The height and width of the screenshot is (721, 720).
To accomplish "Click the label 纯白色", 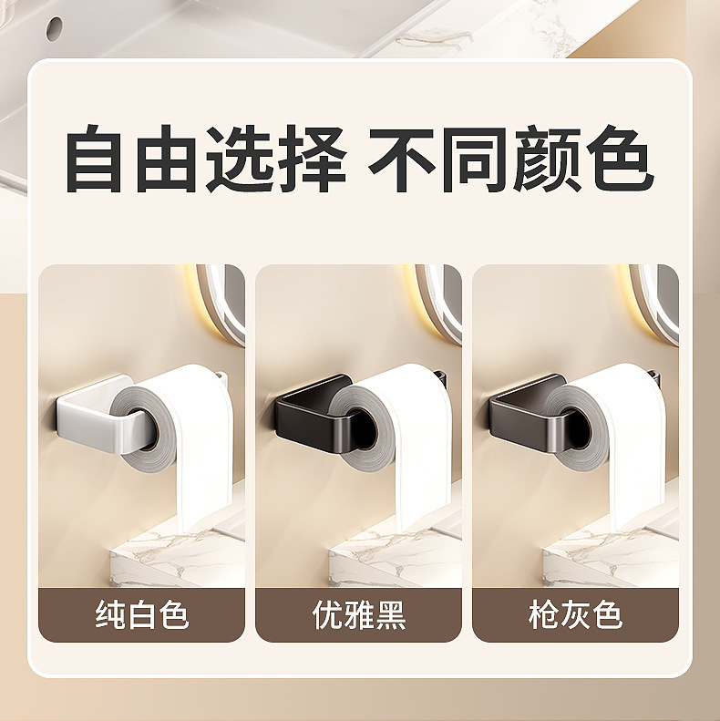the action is (142, 614).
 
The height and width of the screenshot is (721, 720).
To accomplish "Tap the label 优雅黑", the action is (358, 614).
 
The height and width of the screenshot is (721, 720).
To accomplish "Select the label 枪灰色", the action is (575, 614).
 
